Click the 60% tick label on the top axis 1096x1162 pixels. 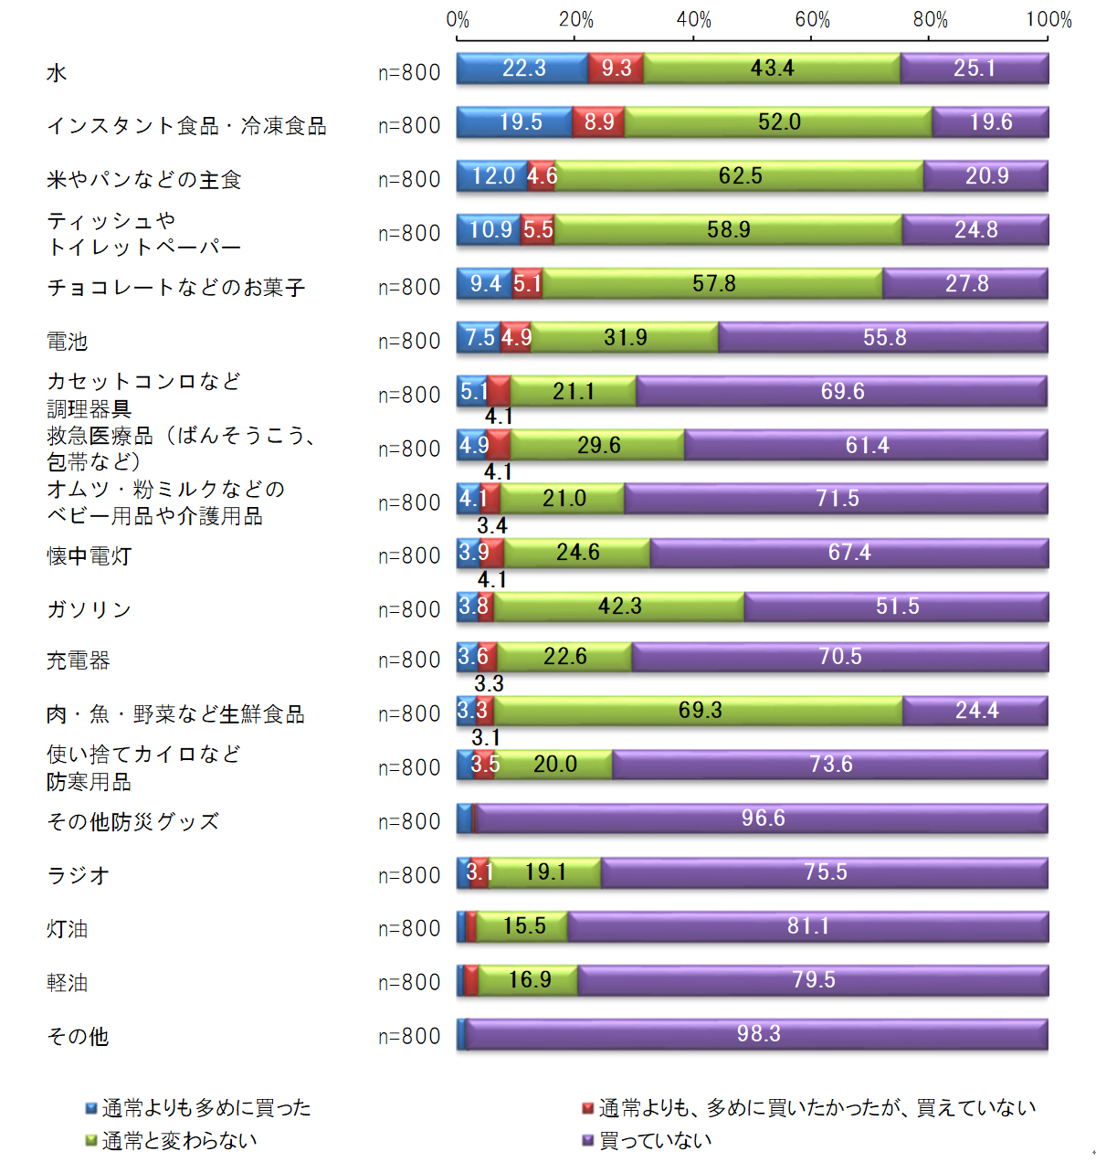point(812,19)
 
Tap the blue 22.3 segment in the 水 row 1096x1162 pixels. point(522,69)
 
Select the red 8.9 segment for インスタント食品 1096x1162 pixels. point(599,122)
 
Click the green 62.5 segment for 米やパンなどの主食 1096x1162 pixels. point(740,175)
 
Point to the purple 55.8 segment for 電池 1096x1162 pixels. point(883,338)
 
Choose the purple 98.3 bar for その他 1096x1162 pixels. point(758,1034)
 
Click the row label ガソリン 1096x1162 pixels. point(90,609)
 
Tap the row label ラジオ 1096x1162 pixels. point(79,875)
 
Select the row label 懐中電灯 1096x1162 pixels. point(90,555)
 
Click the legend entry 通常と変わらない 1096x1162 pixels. point(180,1140)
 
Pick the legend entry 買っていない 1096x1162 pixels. point(655,1140)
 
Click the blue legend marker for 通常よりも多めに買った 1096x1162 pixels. point(91,1108)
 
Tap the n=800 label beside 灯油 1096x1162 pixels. point(409,928)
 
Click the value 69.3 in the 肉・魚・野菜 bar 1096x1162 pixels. point(701,710)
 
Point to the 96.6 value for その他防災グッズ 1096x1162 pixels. point(763,818)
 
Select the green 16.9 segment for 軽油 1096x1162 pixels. point(529,980)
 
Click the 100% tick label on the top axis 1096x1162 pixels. point(1049,19)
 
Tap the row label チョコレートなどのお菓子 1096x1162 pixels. point(176,288)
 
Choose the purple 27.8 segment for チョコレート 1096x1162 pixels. point(965,284)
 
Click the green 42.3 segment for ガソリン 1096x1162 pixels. point(619,607)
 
